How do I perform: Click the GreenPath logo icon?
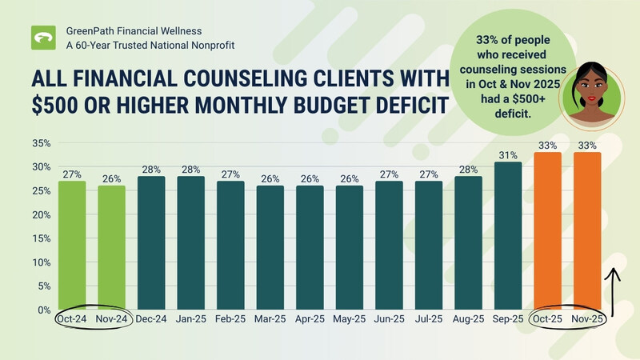[x=43, y=38]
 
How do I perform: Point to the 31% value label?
[x=508, y=155]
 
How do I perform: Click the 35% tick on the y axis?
[x=41, y=144]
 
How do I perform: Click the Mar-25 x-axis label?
[x=270, y=319]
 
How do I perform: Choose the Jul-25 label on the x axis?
[x=429, y=319]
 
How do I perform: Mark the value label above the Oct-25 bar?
[x=547, y=146]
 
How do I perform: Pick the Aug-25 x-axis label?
[x=469, y=319]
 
